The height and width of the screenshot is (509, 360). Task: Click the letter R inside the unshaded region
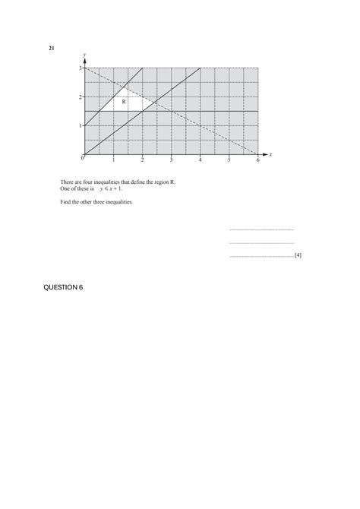coord(124,101)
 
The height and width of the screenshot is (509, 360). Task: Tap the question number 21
coord(52,49)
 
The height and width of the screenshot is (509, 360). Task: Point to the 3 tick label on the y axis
coord(81,68)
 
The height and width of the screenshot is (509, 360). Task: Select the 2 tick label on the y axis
coord(81,97)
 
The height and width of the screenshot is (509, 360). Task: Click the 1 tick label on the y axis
coord(81,126)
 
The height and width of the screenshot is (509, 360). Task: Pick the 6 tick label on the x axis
coord(258,160)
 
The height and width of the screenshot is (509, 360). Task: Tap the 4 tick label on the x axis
coord(201,160)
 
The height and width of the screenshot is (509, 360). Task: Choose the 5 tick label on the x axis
coord(229,160)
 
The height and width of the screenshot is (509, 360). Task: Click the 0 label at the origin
coord(81,159)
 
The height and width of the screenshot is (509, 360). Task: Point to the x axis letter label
coord(270,154)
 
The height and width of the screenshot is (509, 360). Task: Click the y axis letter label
coord(84,54)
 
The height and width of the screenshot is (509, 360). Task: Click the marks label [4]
coord(298,256)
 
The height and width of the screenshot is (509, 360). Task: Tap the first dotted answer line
coord(261,229)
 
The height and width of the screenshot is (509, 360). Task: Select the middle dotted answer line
coord(261,243)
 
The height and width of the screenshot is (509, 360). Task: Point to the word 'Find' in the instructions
coord(66,202)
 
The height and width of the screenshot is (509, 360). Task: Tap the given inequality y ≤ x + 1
coord(110,188)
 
